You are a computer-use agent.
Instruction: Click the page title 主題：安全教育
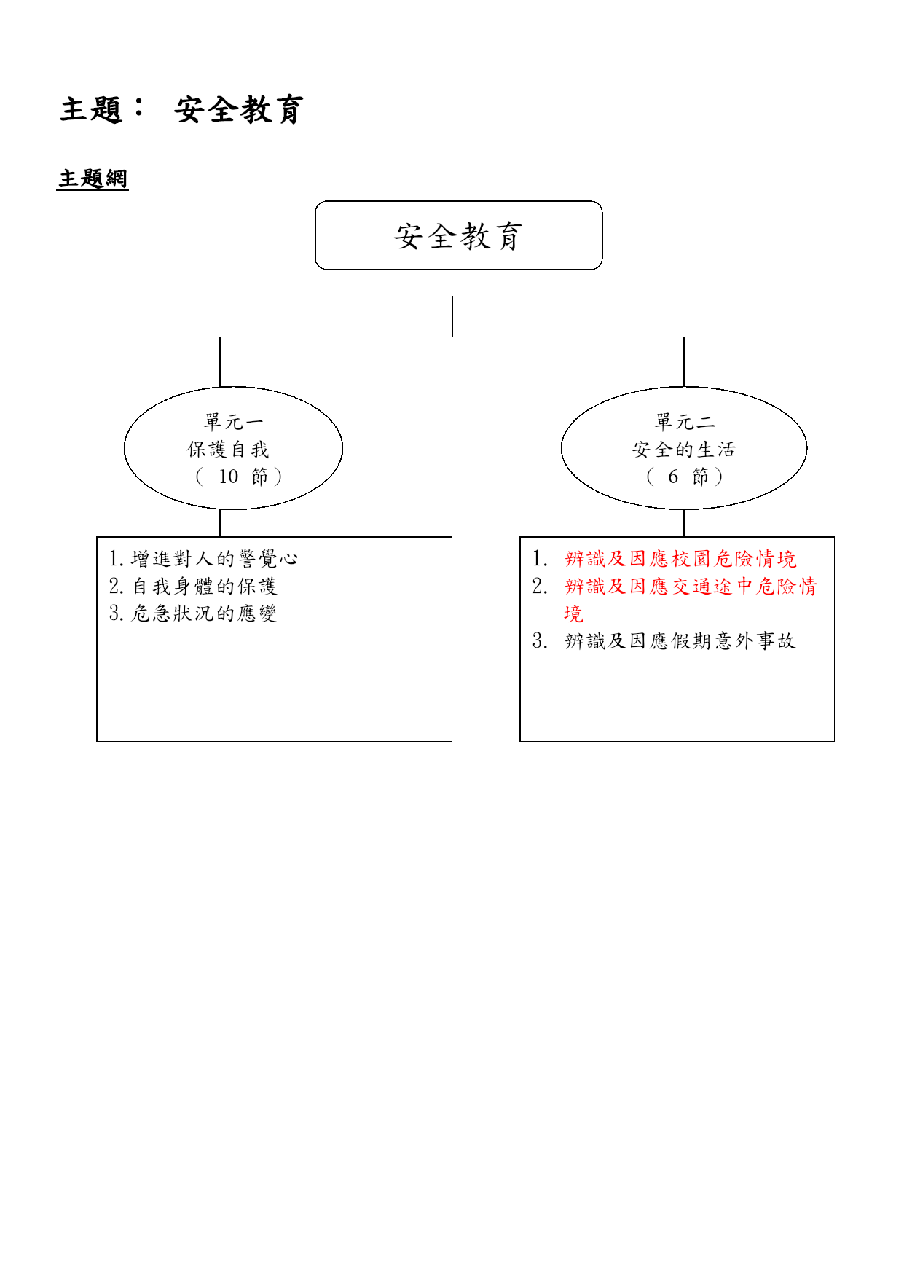tap(181, 110)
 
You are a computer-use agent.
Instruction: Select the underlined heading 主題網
tap(93, 179)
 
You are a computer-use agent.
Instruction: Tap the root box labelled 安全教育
tap(459, 235)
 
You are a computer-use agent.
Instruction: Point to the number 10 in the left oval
tap(228, 477)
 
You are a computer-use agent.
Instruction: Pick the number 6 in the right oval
tap(673, 477)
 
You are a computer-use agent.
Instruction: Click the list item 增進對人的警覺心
tap(215, 559)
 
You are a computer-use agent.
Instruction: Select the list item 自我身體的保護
tap(204, 587)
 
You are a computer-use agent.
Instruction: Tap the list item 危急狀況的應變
tap(204, 613)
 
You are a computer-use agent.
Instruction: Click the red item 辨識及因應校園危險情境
tap(680, 559)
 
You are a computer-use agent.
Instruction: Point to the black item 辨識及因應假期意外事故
tap(680, 641)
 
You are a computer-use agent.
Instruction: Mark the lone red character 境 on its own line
tap(574, 613)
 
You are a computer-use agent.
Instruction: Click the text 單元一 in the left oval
tap(234, 422)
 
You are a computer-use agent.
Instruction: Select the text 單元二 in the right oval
tap(685, 422)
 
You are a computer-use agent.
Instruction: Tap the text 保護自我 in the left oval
tap(229, 450)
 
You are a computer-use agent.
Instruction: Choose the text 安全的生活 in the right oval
tap(684, 450)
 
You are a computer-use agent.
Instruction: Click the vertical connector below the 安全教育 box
tap(452, 303)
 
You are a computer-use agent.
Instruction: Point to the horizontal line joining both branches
tap(452, 337)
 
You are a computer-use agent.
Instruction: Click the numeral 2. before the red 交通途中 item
tap(540, 587)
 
